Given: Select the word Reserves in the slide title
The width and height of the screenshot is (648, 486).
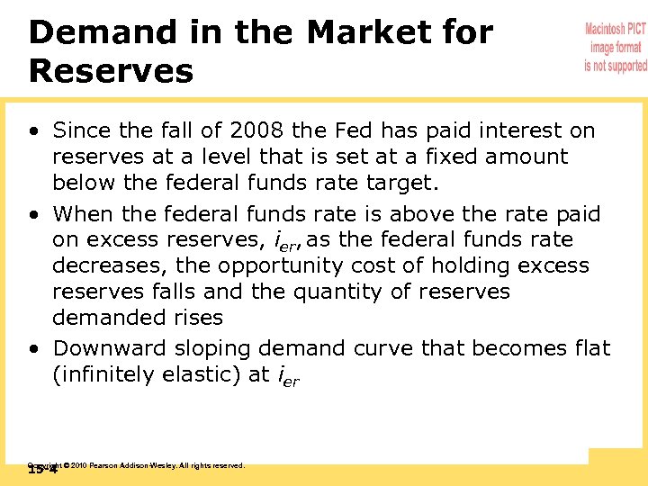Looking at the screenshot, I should pos(111,71).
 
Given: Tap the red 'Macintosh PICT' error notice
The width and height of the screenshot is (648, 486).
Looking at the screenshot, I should pos(616,48).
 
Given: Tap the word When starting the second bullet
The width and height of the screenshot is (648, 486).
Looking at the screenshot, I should pos(84,214).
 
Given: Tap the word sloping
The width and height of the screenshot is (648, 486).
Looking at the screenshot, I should pos(213,347).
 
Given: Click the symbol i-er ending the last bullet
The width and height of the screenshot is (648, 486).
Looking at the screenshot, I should pos(285,377).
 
